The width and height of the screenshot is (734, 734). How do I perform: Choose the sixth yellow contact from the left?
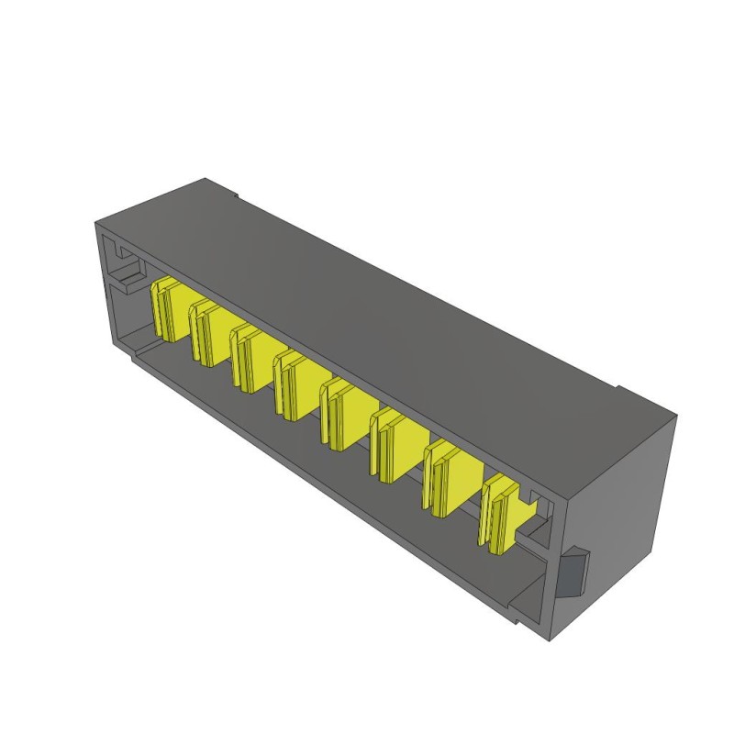click(x=393, y=445)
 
